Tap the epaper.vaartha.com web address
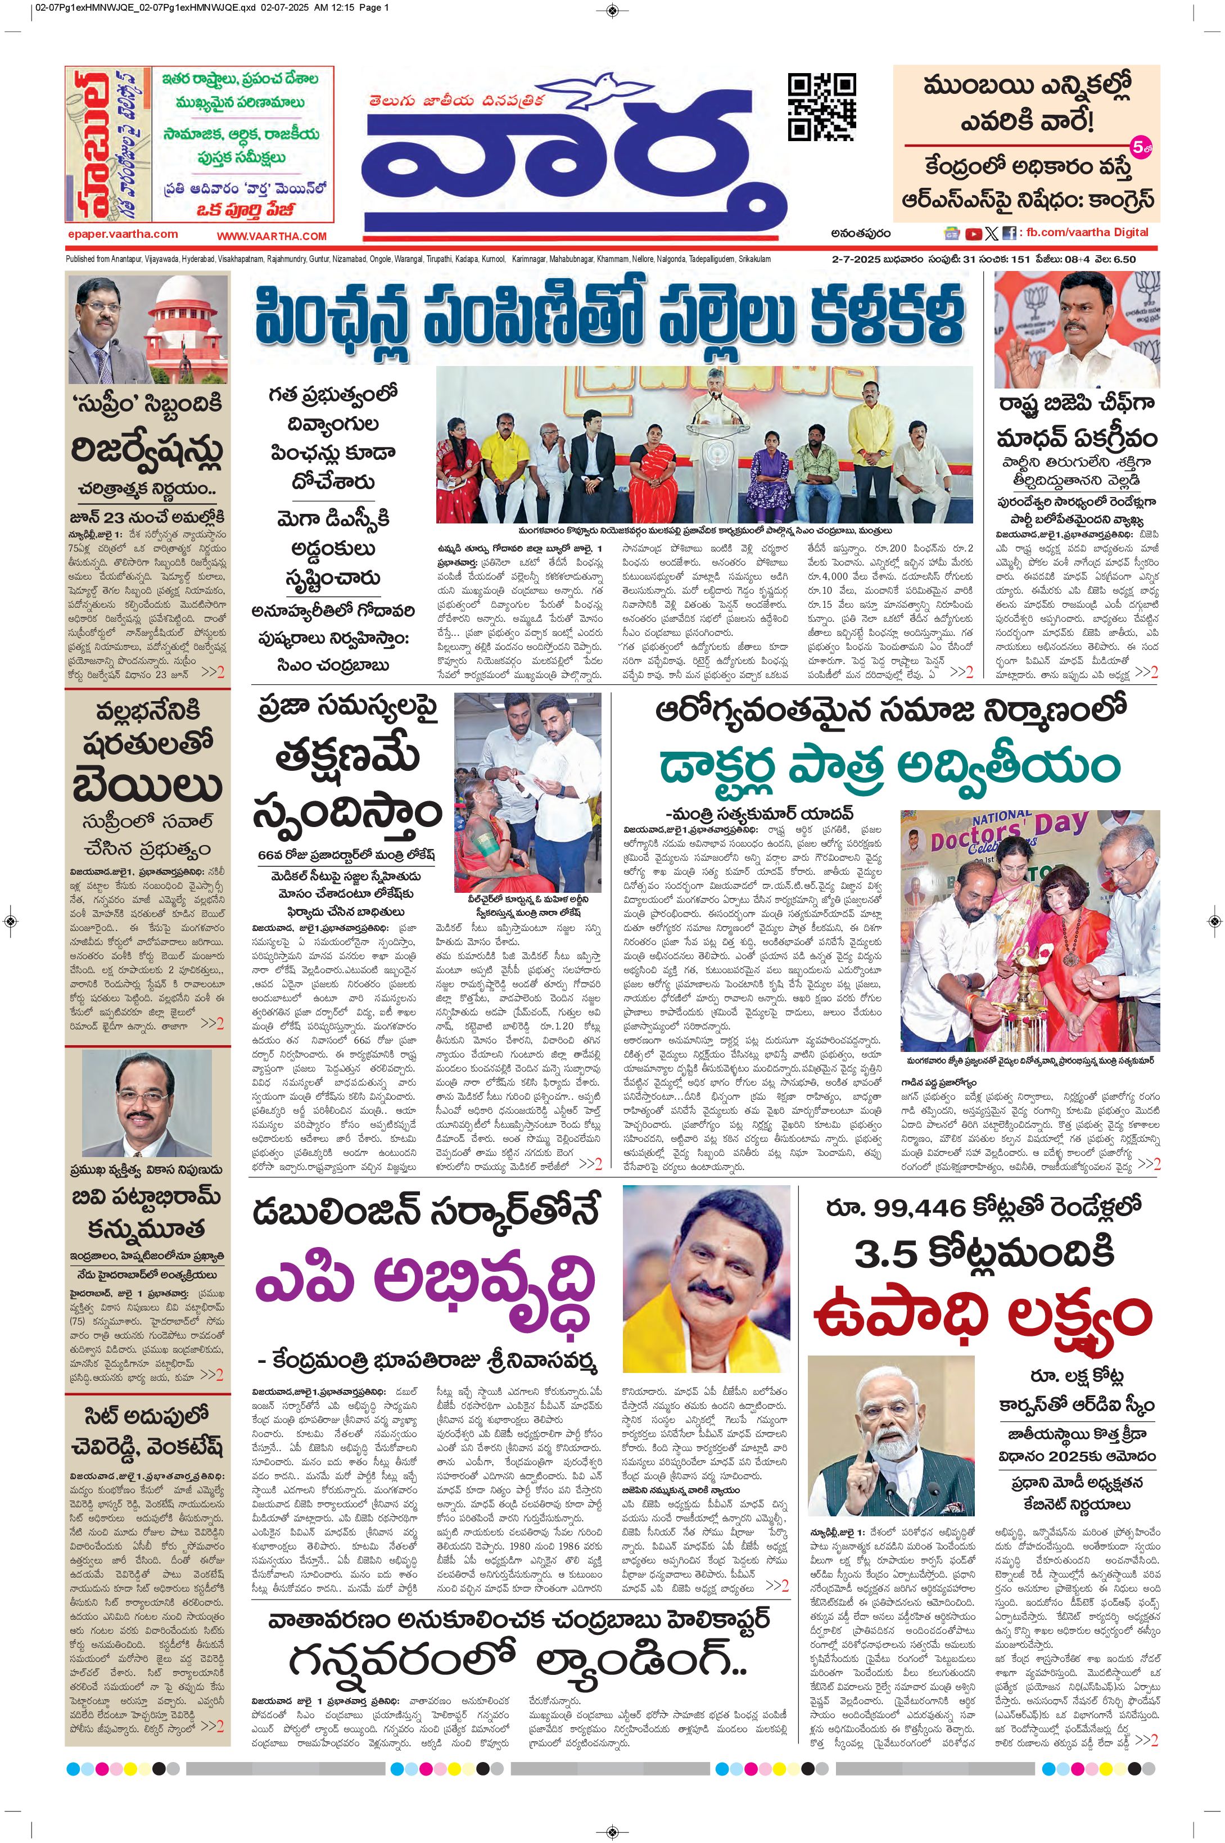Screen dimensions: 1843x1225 [122, 233]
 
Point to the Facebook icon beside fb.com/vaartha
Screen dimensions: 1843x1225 [1010, 233]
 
